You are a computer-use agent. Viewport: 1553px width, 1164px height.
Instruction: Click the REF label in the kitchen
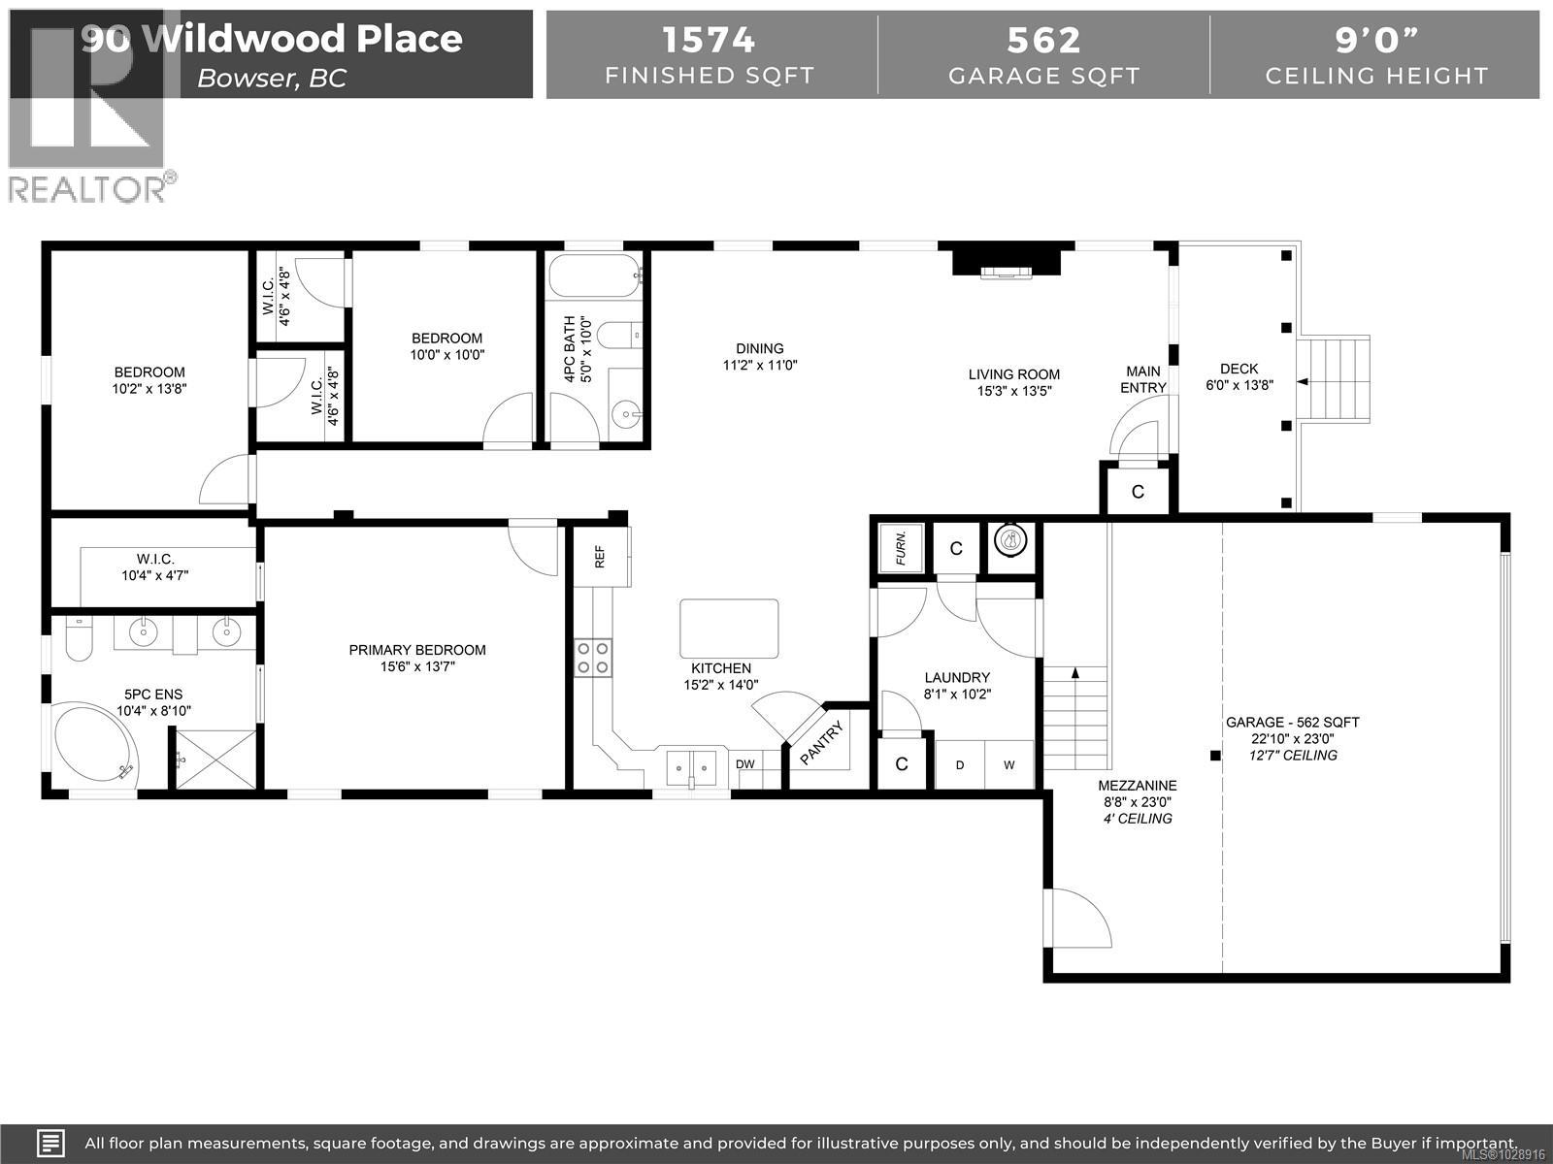[x=600, y=557]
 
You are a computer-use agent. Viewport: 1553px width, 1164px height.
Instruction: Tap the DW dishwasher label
[x=744, y=764]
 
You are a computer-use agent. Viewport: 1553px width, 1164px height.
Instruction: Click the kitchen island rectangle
[x=729, y=629]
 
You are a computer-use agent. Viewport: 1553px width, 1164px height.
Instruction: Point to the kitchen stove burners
[x=592, y=658]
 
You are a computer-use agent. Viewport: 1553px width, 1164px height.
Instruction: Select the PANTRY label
[x=823, y=742]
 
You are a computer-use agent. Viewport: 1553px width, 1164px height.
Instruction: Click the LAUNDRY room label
[x=957, y=677]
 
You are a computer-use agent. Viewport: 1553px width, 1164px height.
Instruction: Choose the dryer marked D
[x=960, y=765]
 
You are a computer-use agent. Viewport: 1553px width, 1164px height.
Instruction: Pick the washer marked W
[x=1009, y=765]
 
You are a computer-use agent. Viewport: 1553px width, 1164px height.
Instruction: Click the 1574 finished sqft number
[x=709, y=40]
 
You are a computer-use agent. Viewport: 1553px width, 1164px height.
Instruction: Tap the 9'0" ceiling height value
[x=1376, y=40]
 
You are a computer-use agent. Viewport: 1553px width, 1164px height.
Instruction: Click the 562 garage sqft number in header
[x=1043, y=40]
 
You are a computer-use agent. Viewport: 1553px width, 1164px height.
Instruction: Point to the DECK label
[x=1239, y=369]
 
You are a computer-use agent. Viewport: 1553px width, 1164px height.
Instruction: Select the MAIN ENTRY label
[x=1143, y=379]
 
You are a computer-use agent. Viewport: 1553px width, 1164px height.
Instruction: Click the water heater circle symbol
[x=1011, y=539]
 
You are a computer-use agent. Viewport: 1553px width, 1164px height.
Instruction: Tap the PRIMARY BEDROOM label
[x=417, y=650]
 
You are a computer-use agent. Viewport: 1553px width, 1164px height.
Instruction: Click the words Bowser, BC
[x=272, y=79]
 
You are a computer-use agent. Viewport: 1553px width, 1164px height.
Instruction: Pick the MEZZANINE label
[x=1138, y=786]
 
